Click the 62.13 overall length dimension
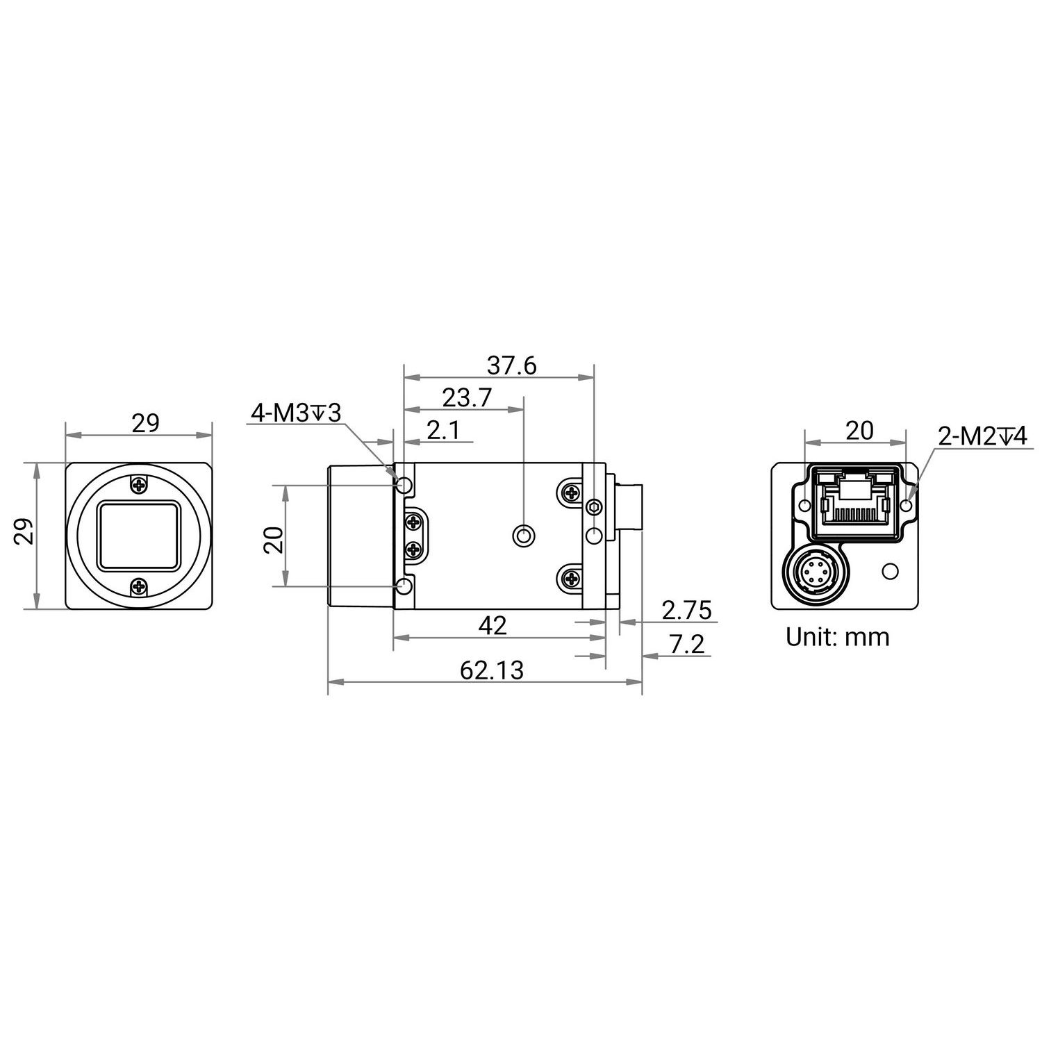click(x=491, y=670)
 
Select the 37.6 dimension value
click(x=512, y=366)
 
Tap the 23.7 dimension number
click(x=467, y=398)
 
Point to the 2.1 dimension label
click(x=443, y=431)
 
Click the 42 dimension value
click(x=493, y=626)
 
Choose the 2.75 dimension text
click(x=686, y=610)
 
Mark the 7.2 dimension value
click(x=687, y=645)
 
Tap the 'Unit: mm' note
click(x=837, y=636)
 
